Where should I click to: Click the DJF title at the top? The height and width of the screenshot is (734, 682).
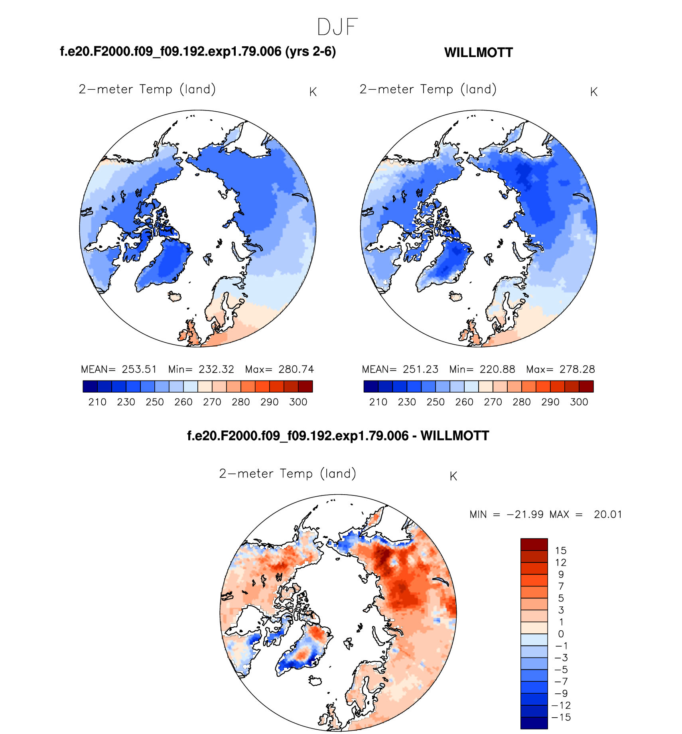click(x=337, y=27)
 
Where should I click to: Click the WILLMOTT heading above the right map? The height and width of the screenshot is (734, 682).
click(x=478, y=53)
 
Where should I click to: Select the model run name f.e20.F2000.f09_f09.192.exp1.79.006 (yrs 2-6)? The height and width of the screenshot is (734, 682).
click(x=198, y=51)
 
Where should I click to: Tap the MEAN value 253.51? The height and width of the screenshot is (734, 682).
click(x=139, y=369)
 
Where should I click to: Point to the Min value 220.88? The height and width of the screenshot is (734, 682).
click(x=497, y=369)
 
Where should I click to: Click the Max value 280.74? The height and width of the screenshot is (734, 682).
click(x=296, y=369)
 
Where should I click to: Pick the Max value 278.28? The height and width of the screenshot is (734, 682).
click(x=577, y=369)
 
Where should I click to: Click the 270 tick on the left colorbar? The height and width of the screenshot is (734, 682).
click(x=212, y=402)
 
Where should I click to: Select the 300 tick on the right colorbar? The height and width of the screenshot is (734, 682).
click(x=579, y=402)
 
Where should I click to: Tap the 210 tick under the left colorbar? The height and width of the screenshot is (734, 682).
click(x=97, y=402)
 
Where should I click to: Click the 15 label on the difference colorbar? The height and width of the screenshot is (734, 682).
click(x=560, y=550)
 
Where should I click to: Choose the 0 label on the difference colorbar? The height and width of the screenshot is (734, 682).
click(x=561, y=634)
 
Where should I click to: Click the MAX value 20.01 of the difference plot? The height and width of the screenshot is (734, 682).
click(x=607, y=515)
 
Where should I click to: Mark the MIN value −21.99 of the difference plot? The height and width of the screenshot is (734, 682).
click(x=525, y=515)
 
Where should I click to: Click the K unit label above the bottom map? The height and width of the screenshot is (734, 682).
click(x=453, y=476)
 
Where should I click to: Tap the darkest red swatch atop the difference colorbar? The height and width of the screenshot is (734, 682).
click(x=534, y=544)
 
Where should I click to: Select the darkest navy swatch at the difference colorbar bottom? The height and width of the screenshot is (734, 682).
click(x=534, y=723)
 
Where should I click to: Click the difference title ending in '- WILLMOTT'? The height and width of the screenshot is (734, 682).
click(x=338, y=436)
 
